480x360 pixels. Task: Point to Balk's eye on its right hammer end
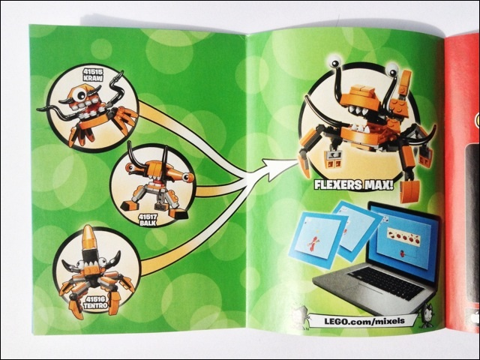tap(167, 178)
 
